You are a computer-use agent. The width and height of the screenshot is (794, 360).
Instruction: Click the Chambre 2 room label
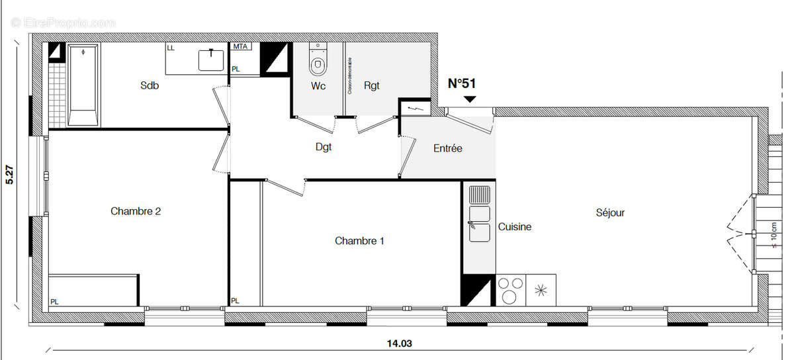click(136, 212)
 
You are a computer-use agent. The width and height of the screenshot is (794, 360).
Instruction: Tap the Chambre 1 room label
click(359, 241)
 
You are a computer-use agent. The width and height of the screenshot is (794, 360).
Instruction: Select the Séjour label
click(610, 212)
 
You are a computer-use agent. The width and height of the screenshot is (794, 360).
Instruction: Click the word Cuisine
click(515, 227)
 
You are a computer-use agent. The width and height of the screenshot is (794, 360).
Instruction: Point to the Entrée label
click(448, 149)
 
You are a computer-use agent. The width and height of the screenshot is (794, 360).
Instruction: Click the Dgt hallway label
click(324, 147)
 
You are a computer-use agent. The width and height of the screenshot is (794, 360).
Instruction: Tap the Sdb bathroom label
click(150, 85)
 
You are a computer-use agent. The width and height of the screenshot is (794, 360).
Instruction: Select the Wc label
click(318, 86)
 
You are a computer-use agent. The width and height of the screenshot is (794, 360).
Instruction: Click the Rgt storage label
click(371, 86)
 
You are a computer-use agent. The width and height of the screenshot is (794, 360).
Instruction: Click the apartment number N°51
click(462, 83)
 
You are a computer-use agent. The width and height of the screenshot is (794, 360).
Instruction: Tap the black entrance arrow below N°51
click(470, 99)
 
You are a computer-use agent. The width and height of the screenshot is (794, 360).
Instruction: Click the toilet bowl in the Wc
click(318, 62)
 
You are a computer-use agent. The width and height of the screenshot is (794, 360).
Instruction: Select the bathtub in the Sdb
click(83, 84)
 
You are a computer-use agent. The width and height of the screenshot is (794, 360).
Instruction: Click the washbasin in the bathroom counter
click(211, 60)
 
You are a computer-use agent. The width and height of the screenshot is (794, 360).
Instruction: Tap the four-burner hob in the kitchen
click(509, 290)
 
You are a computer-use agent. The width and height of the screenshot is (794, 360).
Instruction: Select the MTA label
click(240, 47)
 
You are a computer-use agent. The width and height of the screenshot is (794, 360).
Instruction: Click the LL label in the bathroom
click(171, 48)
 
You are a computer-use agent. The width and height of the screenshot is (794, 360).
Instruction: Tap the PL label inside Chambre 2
click(54, 302)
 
